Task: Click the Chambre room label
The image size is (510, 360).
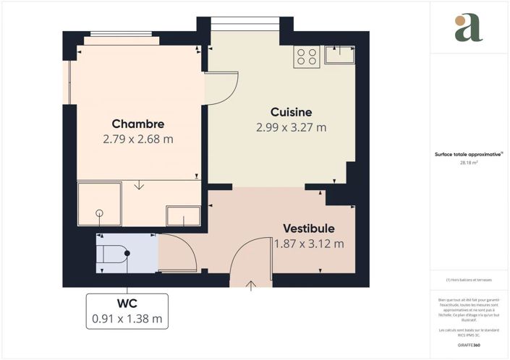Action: [x=137, y=124]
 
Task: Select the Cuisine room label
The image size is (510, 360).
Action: [x=291, y=112]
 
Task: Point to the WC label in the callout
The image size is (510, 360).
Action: [x=127, y=302]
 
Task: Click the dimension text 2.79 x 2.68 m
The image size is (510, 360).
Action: [x=137, y=139]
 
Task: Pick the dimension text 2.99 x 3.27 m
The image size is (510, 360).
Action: [x=291, y=127]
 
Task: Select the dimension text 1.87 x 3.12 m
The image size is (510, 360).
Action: [x=309, y=244]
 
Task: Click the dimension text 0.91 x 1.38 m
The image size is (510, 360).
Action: [x=127, y=317]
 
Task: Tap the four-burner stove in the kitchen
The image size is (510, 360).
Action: [x=307, y=56]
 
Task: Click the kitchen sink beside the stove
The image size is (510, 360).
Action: [x=339, y=54]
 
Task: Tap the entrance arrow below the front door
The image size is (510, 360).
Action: [x=251, y=285]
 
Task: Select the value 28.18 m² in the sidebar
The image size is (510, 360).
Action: [x=469, y=163]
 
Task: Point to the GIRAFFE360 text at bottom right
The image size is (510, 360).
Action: [x=469, y=346]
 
